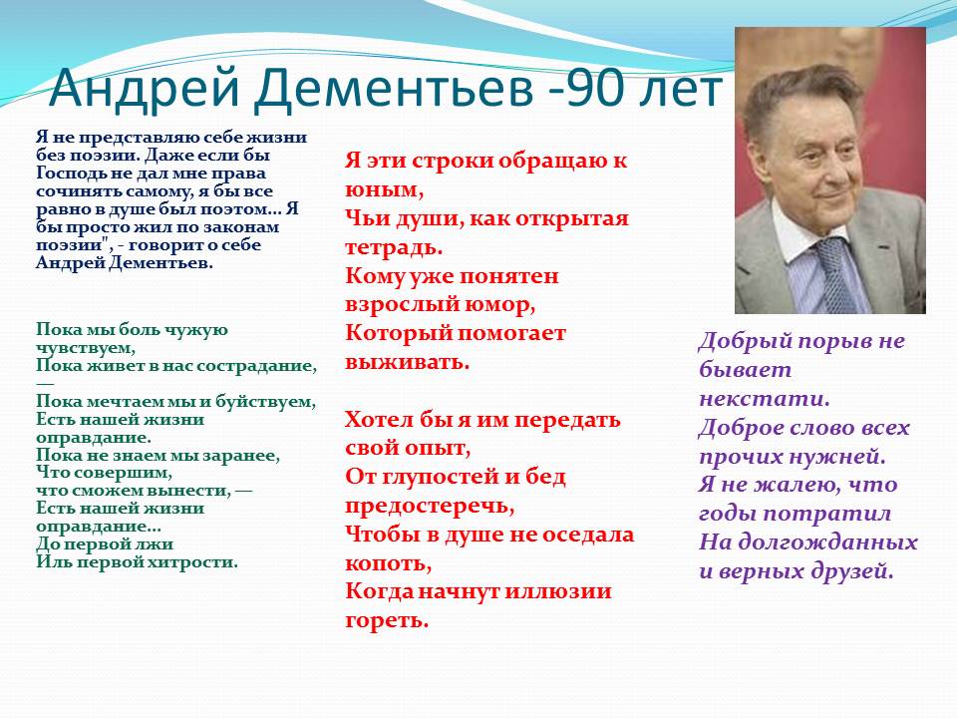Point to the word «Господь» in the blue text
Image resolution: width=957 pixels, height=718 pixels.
(x=68, y=174)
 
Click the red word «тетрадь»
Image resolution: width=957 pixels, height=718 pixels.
(x=393, y=247)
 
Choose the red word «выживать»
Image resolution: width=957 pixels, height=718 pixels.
(x=407, y=362)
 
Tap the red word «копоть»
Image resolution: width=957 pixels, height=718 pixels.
(x=388, y=562)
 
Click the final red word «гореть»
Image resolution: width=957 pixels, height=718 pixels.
(x=387, y=620)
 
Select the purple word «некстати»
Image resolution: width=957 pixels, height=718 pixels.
(x=764, y=399)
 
